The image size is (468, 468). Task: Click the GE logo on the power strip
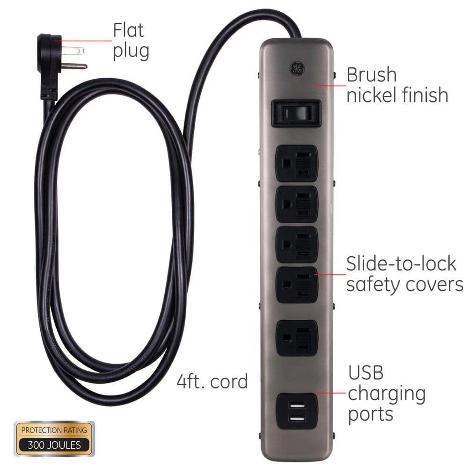tap(297, 69)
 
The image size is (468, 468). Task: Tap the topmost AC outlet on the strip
tap(296, 163)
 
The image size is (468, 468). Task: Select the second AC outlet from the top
tap(296, 204)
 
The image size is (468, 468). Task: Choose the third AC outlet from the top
tap(296, 245)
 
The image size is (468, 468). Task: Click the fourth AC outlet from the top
tap(296, 285)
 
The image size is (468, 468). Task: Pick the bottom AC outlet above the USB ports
tap(296, 338)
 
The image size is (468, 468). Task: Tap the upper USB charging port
tap(297, 405)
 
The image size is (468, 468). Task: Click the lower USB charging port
tap(297, 419)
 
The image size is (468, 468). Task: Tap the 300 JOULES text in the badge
tap(54, 445)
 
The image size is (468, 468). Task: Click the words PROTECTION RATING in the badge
tap(54, 430)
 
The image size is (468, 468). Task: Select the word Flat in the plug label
tap(128, 30)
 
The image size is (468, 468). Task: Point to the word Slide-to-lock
tap(401, 263)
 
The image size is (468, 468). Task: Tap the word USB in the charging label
tap(366, 373)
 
